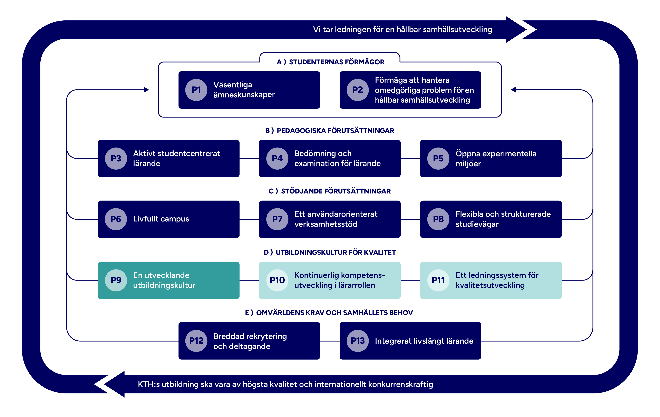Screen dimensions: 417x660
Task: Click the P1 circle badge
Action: [x=196, y=90]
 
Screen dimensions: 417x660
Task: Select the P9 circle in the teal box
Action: [x=116, y=280]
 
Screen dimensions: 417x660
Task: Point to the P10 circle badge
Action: [x=277, y=280]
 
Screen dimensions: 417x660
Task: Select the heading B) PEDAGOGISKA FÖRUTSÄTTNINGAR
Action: [x=330, y=131]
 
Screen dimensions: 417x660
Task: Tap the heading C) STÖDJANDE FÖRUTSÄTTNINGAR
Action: [x=330, y=191]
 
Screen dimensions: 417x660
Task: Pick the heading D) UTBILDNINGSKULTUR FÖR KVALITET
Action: [x=330, y=253]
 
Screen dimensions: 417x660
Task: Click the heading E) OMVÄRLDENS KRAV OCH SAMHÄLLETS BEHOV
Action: [x=329, y=313]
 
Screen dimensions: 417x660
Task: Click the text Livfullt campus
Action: [x=161, y=219]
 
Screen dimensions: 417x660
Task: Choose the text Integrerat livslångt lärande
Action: [x=424, y=341]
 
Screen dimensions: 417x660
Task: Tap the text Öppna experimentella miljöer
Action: [x=496, y=159]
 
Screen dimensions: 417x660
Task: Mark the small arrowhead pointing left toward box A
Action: [x=513, y=90]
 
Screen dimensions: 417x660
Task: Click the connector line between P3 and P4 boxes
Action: [x=249, y=159]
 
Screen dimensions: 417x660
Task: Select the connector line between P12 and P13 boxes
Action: [x=330, y=341]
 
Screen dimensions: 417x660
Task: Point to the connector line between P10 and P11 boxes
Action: [x=410, y=280]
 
